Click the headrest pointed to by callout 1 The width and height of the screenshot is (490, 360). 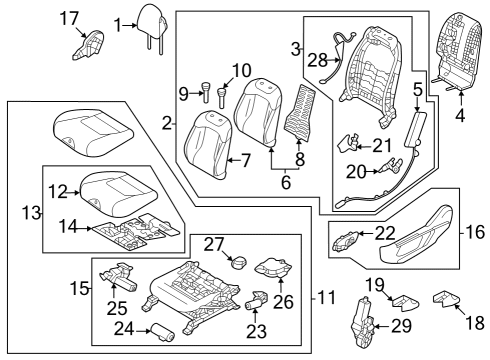tap(152, 23)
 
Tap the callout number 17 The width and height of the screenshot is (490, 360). tap(69, 19)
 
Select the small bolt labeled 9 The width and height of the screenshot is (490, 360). tap(205, 92)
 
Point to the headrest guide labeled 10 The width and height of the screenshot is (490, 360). tap(221, 97)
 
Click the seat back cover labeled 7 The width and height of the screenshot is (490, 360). tap(208, 145)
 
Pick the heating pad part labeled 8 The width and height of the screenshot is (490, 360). tap(299, 112)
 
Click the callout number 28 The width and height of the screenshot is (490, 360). tap(317, 61)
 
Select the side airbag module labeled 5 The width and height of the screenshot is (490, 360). tap(412, 129)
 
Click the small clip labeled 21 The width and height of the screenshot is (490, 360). tap(348, 143)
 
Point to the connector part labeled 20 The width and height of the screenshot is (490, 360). tap(391, 166)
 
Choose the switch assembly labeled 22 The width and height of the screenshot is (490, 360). tap(346, 241)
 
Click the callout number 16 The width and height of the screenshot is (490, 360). tap(475, 232)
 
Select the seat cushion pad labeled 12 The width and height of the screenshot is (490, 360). tap(118, 193)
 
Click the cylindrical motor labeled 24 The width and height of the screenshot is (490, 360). tap(163, 332)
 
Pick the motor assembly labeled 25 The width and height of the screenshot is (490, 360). tap(119, 277)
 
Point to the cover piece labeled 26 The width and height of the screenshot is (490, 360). tap(273, 268)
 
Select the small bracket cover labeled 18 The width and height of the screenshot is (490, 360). tap(446, 298)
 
